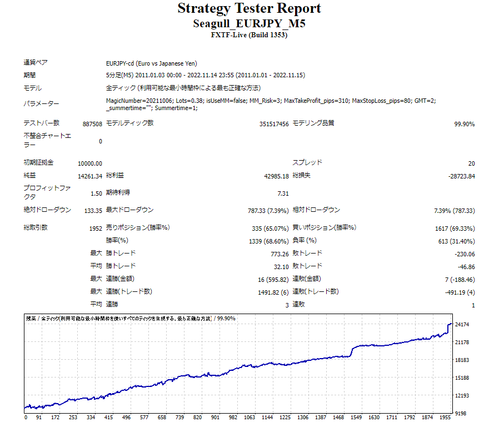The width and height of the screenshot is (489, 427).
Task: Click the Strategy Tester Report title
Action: click(x=249, y=9)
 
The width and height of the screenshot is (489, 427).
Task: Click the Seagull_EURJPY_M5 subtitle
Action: click(x=249, y=24)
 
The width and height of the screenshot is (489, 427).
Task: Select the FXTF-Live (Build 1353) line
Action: click(x=249, y=35)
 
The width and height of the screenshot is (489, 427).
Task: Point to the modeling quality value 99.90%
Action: click(x=464, y=124)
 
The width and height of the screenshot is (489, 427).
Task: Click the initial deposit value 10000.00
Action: click(x=90, y=163)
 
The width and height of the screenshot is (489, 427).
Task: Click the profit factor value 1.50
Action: click(x=96, y=193)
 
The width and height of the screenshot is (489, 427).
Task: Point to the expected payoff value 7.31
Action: click(x=283, y=193)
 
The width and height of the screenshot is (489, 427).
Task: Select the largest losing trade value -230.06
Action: click(x=464, y=254)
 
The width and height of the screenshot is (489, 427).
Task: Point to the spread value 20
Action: click(x=471, y=163)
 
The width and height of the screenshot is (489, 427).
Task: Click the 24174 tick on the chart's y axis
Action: click(x=462, y=324)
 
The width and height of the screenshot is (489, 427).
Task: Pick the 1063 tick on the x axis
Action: click(x=250, y=417)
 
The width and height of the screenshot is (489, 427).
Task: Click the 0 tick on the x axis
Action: click(x=26, y=417)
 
